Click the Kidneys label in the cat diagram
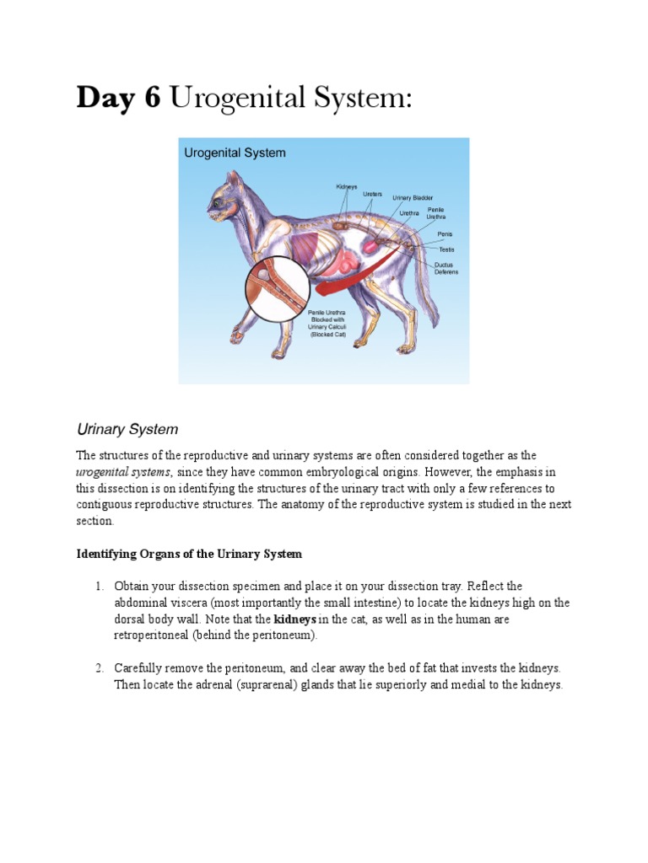pyautogui.click(x=347, y=186)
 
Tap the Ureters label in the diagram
pyautogui.click(x=373, y=193)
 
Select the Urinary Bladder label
pyautogui.click(x=413, y=198)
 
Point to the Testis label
pyautogui.click(x=446, y=249)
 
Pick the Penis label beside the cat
pyautogui.click(x=445, y=233)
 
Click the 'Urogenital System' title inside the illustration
pyautogui.click(x=235, y=153)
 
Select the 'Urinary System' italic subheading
pyautogui.click(x=127, y=429)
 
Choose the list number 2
pyautogui.click(x=99, y=668)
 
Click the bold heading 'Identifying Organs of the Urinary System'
pyautogui.click(x=189, y=554)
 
